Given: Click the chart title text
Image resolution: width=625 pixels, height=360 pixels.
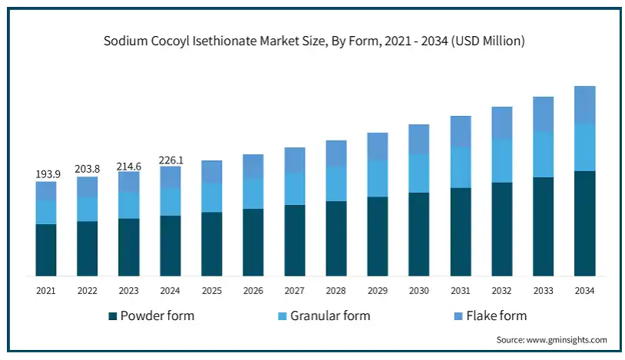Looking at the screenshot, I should [x=314, y=41].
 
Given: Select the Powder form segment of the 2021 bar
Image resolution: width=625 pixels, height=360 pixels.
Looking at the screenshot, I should [x=46, y=249].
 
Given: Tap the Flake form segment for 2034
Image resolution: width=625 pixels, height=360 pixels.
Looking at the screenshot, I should [x=584, y=104].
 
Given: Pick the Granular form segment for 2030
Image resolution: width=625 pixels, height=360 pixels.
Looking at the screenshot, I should [x=418, y=173].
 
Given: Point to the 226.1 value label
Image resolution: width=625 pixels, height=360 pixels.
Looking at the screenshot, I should [x=170, y=160].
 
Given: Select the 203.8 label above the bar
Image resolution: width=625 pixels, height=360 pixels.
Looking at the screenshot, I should [x=88, y=170].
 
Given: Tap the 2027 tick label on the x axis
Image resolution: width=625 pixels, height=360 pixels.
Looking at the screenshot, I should [x=295, y=291].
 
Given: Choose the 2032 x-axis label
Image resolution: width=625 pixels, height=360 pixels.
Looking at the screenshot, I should [x=501, y=291].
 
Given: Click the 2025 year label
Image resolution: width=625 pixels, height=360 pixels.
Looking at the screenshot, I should [x=212, y=291].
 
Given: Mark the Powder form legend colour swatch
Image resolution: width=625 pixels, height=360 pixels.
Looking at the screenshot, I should [x=113, y=316].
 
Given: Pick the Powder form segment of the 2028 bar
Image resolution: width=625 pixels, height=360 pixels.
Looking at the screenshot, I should [x=336, y=238].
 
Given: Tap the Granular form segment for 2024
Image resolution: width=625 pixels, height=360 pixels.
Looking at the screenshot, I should [x=170, y=201].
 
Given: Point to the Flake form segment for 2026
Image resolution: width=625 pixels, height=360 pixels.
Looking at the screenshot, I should [x=253, y=167].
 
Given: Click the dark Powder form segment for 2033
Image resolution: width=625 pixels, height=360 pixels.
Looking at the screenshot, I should [x=543, y=226].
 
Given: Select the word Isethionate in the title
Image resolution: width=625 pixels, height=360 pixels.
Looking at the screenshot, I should [x=229, y=41].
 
